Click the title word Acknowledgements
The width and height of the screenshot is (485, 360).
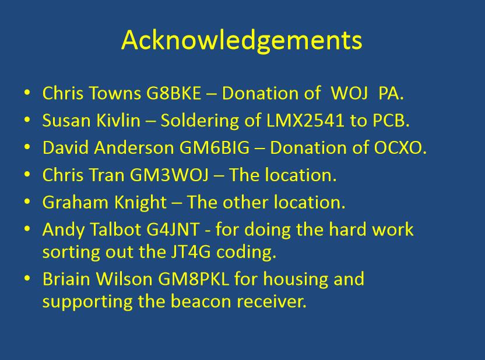point(241,41)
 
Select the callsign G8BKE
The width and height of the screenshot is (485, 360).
point(173,93)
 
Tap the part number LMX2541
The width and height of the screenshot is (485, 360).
point(305,120)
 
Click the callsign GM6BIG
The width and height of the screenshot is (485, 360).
point(214,148)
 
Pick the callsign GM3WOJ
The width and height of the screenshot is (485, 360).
point(169,175)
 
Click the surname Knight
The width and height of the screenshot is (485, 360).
point(140,202)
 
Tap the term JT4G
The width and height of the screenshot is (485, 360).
point(191,252)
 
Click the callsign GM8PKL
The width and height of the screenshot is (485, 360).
point(194,278)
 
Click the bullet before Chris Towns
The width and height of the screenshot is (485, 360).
point(27,93)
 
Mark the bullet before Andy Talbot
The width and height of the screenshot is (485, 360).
point(27,229)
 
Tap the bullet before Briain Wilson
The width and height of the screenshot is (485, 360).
point(27,278)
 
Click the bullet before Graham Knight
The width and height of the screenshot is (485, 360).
point(27,202)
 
